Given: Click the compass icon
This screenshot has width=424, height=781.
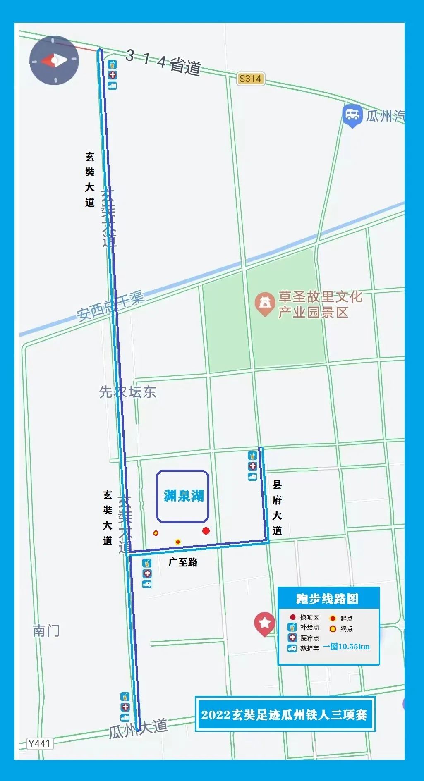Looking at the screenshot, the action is (54, 60).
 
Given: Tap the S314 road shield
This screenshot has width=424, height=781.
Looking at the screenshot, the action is (250, 79).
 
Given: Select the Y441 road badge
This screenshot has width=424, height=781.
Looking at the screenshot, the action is (39, 744).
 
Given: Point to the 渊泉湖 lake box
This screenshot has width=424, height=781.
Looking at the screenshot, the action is (182, 496).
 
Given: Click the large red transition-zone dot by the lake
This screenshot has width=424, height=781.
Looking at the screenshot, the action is (206, 531).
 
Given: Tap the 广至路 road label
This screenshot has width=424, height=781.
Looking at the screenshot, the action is (183, 562).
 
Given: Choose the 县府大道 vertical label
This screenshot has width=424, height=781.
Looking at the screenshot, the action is (277, 507).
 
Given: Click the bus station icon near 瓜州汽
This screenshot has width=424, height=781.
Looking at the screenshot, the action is (352, 115).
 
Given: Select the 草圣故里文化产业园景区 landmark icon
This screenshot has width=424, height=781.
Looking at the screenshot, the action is (265, 304).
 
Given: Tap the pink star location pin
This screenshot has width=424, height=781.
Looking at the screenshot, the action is (265, 623).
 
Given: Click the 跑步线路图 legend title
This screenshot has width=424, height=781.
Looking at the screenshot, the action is (327, 599).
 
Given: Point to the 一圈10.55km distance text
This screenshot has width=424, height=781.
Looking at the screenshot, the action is (347, 647).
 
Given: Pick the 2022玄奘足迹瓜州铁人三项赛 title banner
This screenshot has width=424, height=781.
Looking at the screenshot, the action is (285, 715).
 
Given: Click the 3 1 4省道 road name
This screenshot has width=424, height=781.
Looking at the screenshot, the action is (164, 62).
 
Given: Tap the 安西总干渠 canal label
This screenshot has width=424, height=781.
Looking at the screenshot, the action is (110, 306).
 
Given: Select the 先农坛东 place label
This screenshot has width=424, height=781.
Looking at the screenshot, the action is (127, 392).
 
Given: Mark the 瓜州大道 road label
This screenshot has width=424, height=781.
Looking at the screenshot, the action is (139, 729).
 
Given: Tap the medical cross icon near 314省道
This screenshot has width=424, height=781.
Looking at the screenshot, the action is (112, 75).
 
